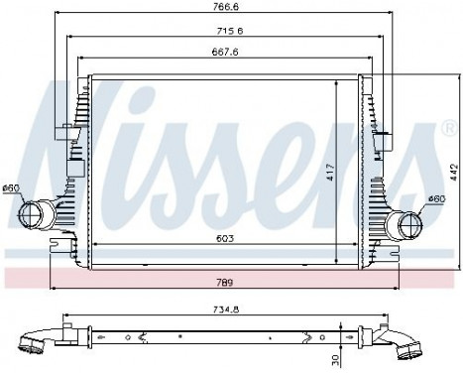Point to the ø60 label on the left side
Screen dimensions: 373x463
12,188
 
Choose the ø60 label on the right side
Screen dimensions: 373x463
436,199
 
